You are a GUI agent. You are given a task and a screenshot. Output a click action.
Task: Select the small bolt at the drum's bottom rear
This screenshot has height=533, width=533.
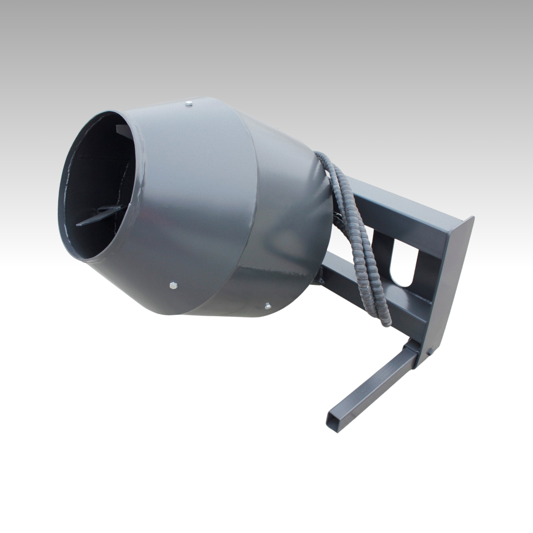coord(267,305)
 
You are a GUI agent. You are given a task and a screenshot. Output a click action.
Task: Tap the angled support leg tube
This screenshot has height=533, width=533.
coord(369,384)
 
